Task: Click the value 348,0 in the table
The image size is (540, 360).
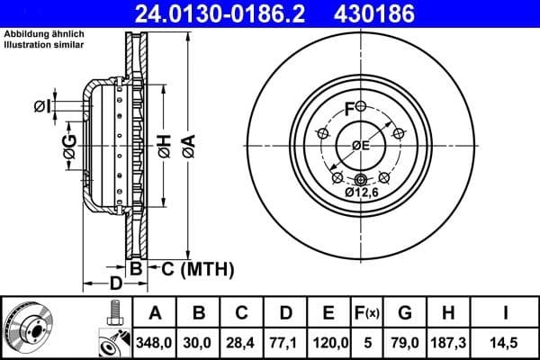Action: click(x=155, y=343)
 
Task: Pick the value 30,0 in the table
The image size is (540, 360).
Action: click(x=199, y=343)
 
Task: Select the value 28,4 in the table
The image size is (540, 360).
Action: click(x=242, y=343)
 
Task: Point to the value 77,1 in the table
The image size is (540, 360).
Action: click(x=285, y=343)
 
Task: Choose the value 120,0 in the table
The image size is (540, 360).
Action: click(x=329, y=343)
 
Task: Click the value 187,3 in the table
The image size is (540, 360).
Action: click(x=447, y=343)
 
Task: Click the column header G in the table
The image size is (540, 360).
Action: click(x=404, y=314)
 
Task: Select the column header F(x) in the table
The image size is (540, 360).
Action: click(x=367, y=314)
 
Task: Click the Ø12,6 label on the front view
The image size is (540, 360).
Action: click(x=361, y=191)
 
